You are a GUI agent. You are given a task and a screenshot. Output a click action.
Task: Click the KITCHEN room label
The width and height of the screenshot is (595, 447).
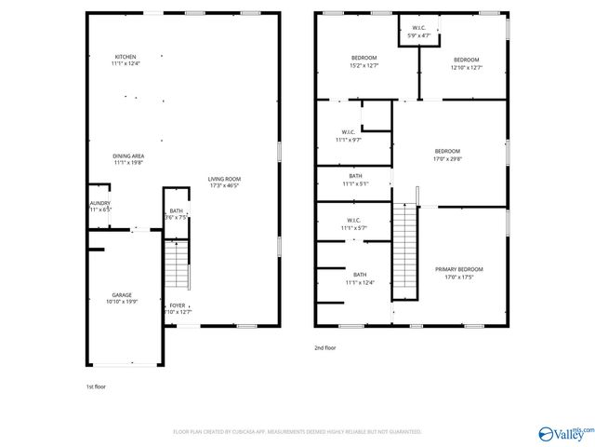coord(126,61)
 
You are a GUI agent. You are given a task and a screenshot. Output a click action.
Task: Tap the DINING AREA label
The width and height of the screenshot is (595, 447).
coord(128,159)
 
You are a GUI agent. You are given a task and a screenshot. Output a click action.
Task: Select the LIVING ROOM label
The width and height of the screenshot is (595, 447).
coord(224,182)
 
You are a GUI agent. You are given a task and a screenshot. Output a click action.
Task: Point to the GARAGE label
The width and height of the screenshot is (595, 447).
coord(122,298)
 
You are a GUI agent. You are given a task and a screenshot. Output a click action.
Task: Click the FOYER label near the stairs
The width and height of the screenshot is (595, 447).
coord(177,308)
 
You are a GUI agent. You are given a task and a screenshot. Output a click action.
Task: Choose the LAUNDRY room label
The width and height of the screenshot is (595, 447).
coord(99,206)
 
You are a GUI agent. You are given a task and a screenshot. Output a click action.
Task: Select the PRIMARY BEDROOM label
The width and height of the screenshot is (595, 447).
coord(459,272)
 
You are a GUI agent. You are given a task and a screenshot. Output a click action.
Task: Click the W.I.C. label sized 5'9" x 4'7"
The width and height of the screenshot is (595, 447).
coord(419,32)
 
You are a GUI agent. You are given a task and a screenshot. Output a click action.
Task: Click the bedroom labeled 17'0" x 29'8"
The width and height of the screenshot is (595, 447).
coord(447,154)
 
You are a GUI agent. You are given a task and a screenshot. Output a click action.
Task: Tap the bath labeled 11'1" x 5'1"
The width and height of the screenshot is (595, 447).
coord(356,180)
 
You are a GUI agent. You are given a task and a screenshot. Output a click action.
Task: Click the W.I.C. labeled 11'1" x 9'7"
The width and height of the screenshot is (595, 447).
coord(350,136)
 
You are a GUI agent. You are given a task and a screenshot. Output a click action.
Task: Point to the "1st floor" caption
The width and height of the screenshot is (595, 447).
coord(96,386)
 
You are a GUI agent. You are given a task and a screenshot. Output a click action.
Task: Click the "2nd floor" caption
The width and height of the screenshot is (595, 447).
coord(325,347)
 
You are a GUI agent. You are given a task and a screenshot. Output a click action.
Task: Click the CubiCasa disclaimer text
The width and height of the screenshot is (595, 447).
coord(297,432)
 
